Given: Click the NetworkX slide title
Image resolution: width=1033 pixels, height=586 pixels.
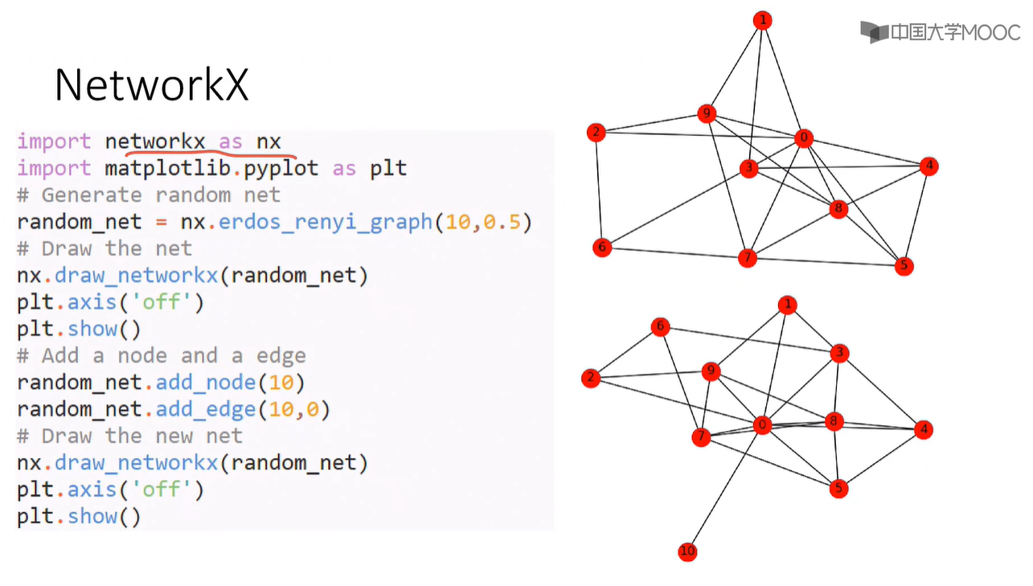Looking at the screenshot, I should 151,84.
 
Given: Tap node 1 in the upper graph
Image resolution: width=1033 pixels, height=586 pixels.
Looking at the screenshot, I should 763,21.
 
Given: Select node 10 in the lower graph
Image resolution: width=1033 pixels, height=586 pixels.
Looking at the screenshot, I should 687,551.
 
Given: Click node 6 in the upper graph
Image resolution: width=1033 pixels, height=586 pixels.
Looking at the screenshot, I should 601,247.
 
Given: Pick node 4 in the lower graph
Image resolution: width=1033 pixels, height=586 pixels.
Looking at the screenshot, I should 924,430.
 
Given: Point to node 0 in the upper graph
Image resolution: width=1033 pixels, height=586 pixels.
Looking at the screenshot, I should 803,138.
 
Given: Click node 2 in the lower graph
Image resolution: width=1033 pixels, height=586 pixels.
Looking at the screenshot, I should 591,378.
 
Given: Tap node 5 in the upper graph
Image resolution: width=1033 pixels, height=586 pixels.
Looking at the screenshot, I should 904,265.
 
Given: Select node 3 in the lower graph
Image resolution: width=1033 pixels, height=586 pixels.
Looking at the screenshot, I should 839,353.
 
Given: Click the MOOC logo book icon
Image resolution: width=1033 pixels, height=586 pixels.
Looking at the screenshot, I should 874,32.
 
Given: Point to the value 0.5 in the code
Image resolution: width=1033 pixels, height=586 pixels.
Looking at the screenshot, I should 501,222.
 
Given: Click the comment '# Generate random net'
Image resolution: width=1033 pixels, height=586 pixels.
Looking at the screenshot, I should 149,195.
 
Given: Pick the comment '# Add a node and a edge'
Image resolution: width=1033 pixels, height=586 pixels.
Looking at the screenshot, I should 162,355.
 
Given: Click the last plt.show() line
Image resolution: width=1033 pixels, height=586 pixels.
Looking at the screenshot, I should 79,516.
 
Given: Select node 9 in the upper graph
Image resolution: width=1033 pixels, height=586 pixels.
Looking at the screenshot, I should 707,114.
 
